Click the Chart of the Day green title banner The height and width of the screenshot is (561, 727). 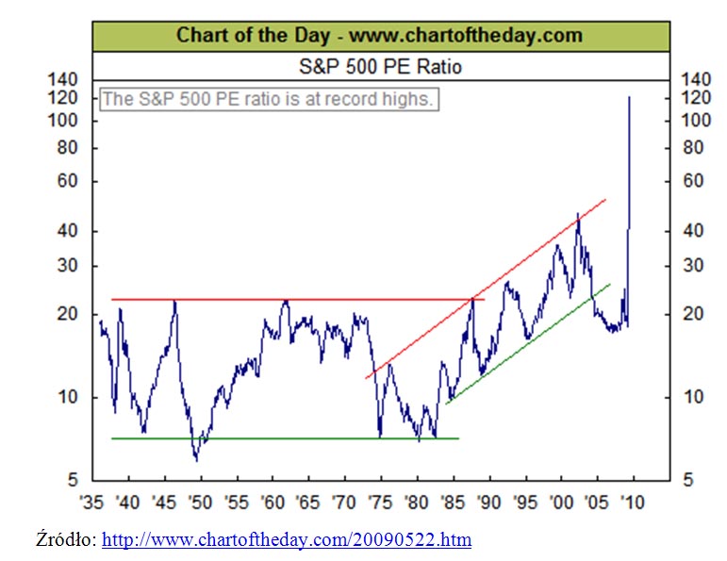click(380, 36)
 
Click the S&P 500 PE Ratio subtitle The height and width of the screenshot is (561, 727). click(380, 67)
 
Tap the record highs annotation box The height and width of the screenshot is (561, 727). click(268, 99)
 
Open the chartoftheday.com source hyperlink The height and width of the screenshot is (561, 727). click(286, 540)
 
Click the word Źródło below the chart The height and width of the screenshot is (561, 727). click(62, 540)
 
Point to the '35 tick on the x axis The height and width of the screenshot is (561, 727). click(91, 501)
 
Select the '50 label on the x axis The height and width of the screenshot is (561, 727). click(200, 501)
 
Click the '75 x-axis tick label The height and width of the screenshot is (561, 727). click(380, 501)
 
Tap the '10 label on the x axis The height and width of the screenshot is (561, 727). click(631, 501)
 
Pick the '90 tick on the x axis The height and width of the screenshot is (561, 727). click(487, 501)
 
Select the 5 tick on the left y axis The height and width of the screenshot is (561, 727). click(72, 480)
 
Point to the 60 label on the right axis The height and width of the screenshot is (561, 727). click(694, 181)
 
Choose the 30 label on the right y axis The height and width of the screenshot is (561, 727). click(694, 266)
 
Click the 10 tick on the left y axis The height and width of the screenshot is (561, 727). click(67, 397)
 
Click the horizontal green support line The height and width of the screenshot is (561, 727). click(283, 438)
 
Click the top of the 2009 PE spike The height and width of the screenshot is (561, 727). click(629, 97)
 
